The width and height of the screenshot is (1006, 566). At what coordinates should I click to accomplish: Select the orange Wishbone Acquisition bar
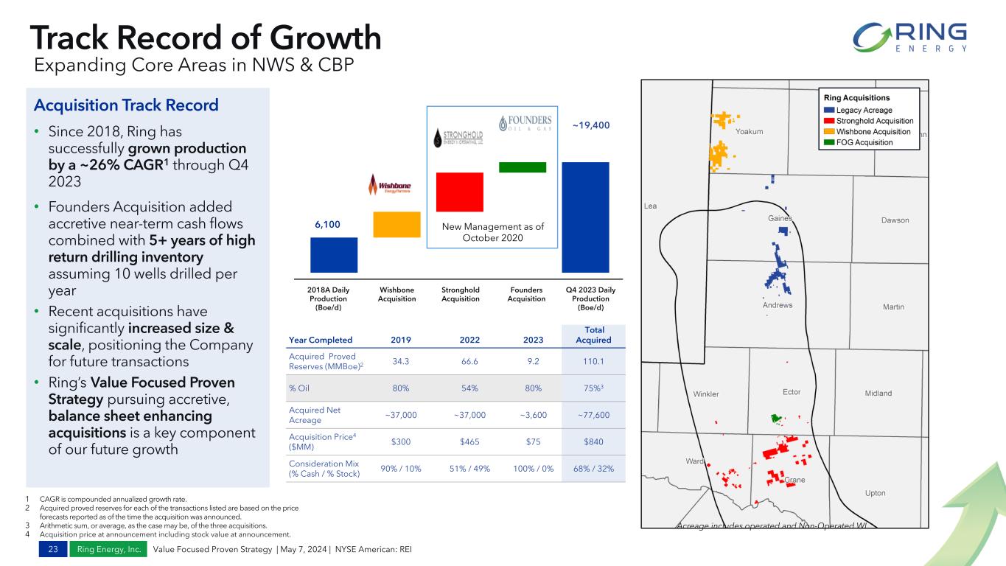397,224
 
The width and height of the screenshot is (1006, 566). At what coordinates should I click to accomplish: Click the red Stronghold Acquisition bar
459,192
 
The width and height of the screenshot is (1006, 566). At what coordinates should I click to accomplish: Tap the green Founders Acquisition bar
522,167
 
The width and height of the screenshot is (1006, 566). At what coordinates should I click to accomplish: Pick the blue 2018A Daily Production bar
334,254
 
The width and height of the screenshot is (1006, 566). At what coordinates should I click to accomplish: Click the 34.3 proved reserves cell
402,361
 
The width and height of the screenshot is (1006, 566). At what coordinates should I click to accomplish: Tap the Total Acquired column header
594,335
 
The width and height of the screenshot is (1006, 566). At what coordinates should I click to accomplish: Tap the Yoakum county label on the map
749,132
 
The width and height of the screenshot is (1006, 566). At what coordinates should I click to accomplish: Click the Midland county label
878,394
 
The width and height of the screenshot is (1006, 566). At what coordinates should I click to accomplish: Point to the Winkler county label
706,394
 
